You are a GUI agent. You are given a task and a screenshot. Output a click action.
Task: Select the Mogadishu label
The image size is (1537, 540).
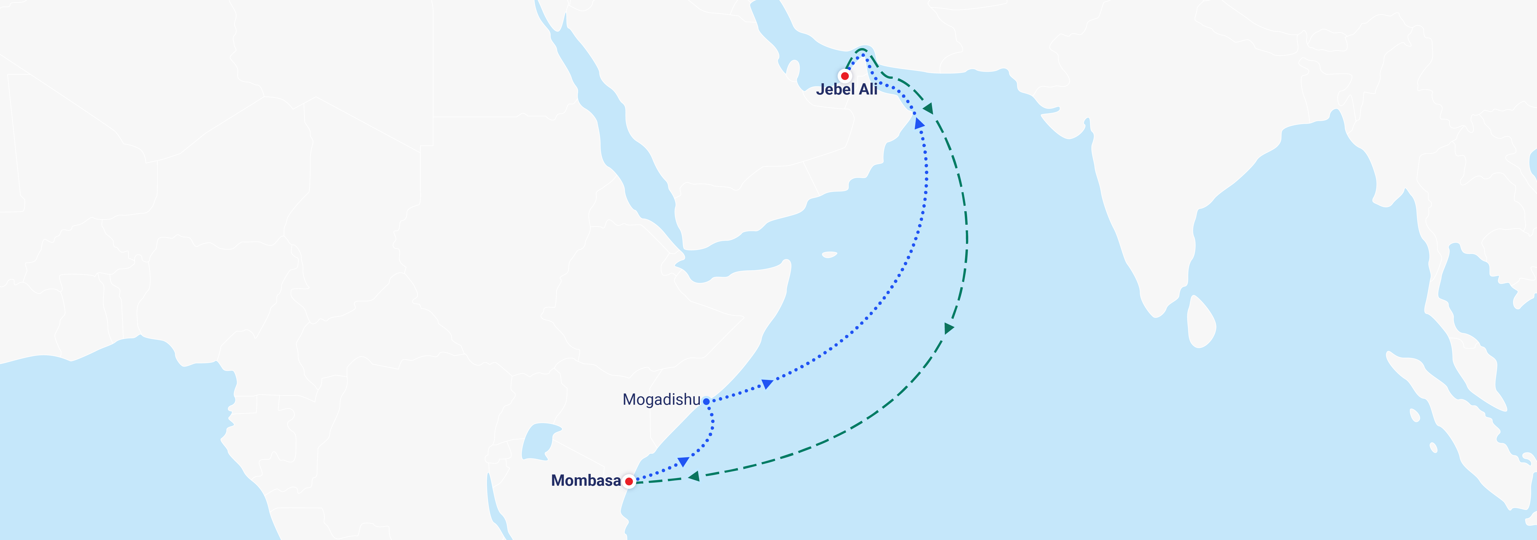pyautogui.click(x=661, y=399)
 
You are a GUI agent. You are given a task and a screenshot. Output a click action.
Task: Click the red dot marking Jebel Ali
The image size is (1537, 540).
pyautogui.click(x=844, y=76)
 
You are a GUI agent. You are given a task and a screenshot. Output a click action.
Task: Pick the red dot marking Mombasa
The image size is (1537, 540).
pyautogui.click(x=629, y=481)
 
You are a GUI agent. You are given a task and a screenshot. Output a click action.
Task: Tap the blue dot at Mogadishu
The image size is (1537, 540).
pyautogui.click(x=706, y=402)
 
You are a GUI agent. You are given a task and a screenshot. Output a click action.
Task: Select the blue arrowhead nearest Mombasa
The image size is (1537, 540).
pyautogui.click(x=683, y=461)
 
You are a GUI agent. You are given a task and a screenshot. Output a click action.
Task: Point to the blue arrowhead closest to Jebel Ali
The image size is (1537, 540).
pyautogui.click(x=919, y=123)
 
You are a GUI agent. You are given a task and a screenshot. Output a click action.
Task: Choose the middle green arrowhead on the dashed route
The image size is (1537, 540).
pyautogui.click(x=949, y=328)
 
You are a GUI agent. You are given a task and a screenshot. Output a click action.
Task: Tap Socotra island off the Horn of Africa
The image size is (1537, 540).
pyautogui.click(x=829, y=255)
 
